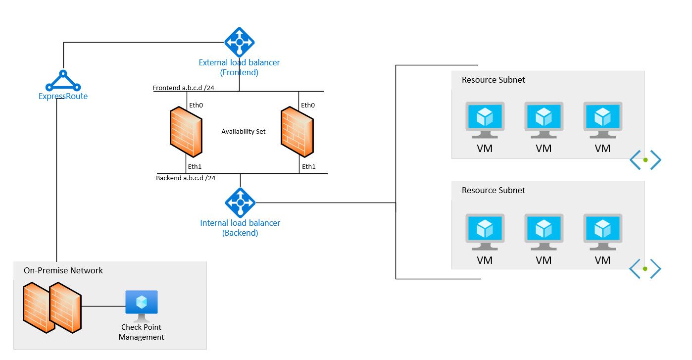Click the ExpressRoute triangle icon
click(63, 81)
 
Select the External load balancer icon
click(240, 42)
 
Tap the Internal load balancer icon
click(240, 203)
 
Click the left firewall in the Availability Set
click(186, 132)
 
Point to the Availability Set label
click(243, 131)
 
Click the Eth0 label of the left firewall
click(197, 105)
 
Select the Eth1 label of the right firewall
click(308, 166)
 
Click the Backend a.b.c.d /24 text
click(186, 178)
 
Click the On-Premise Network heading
click(63, 270)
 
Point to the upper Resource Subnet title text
click(493, 80)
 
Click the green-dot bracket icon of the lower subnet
click(645, 269)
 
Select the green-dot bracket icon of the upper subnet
click(645, 160)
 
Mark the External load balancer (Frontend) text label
click(239, 67)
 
